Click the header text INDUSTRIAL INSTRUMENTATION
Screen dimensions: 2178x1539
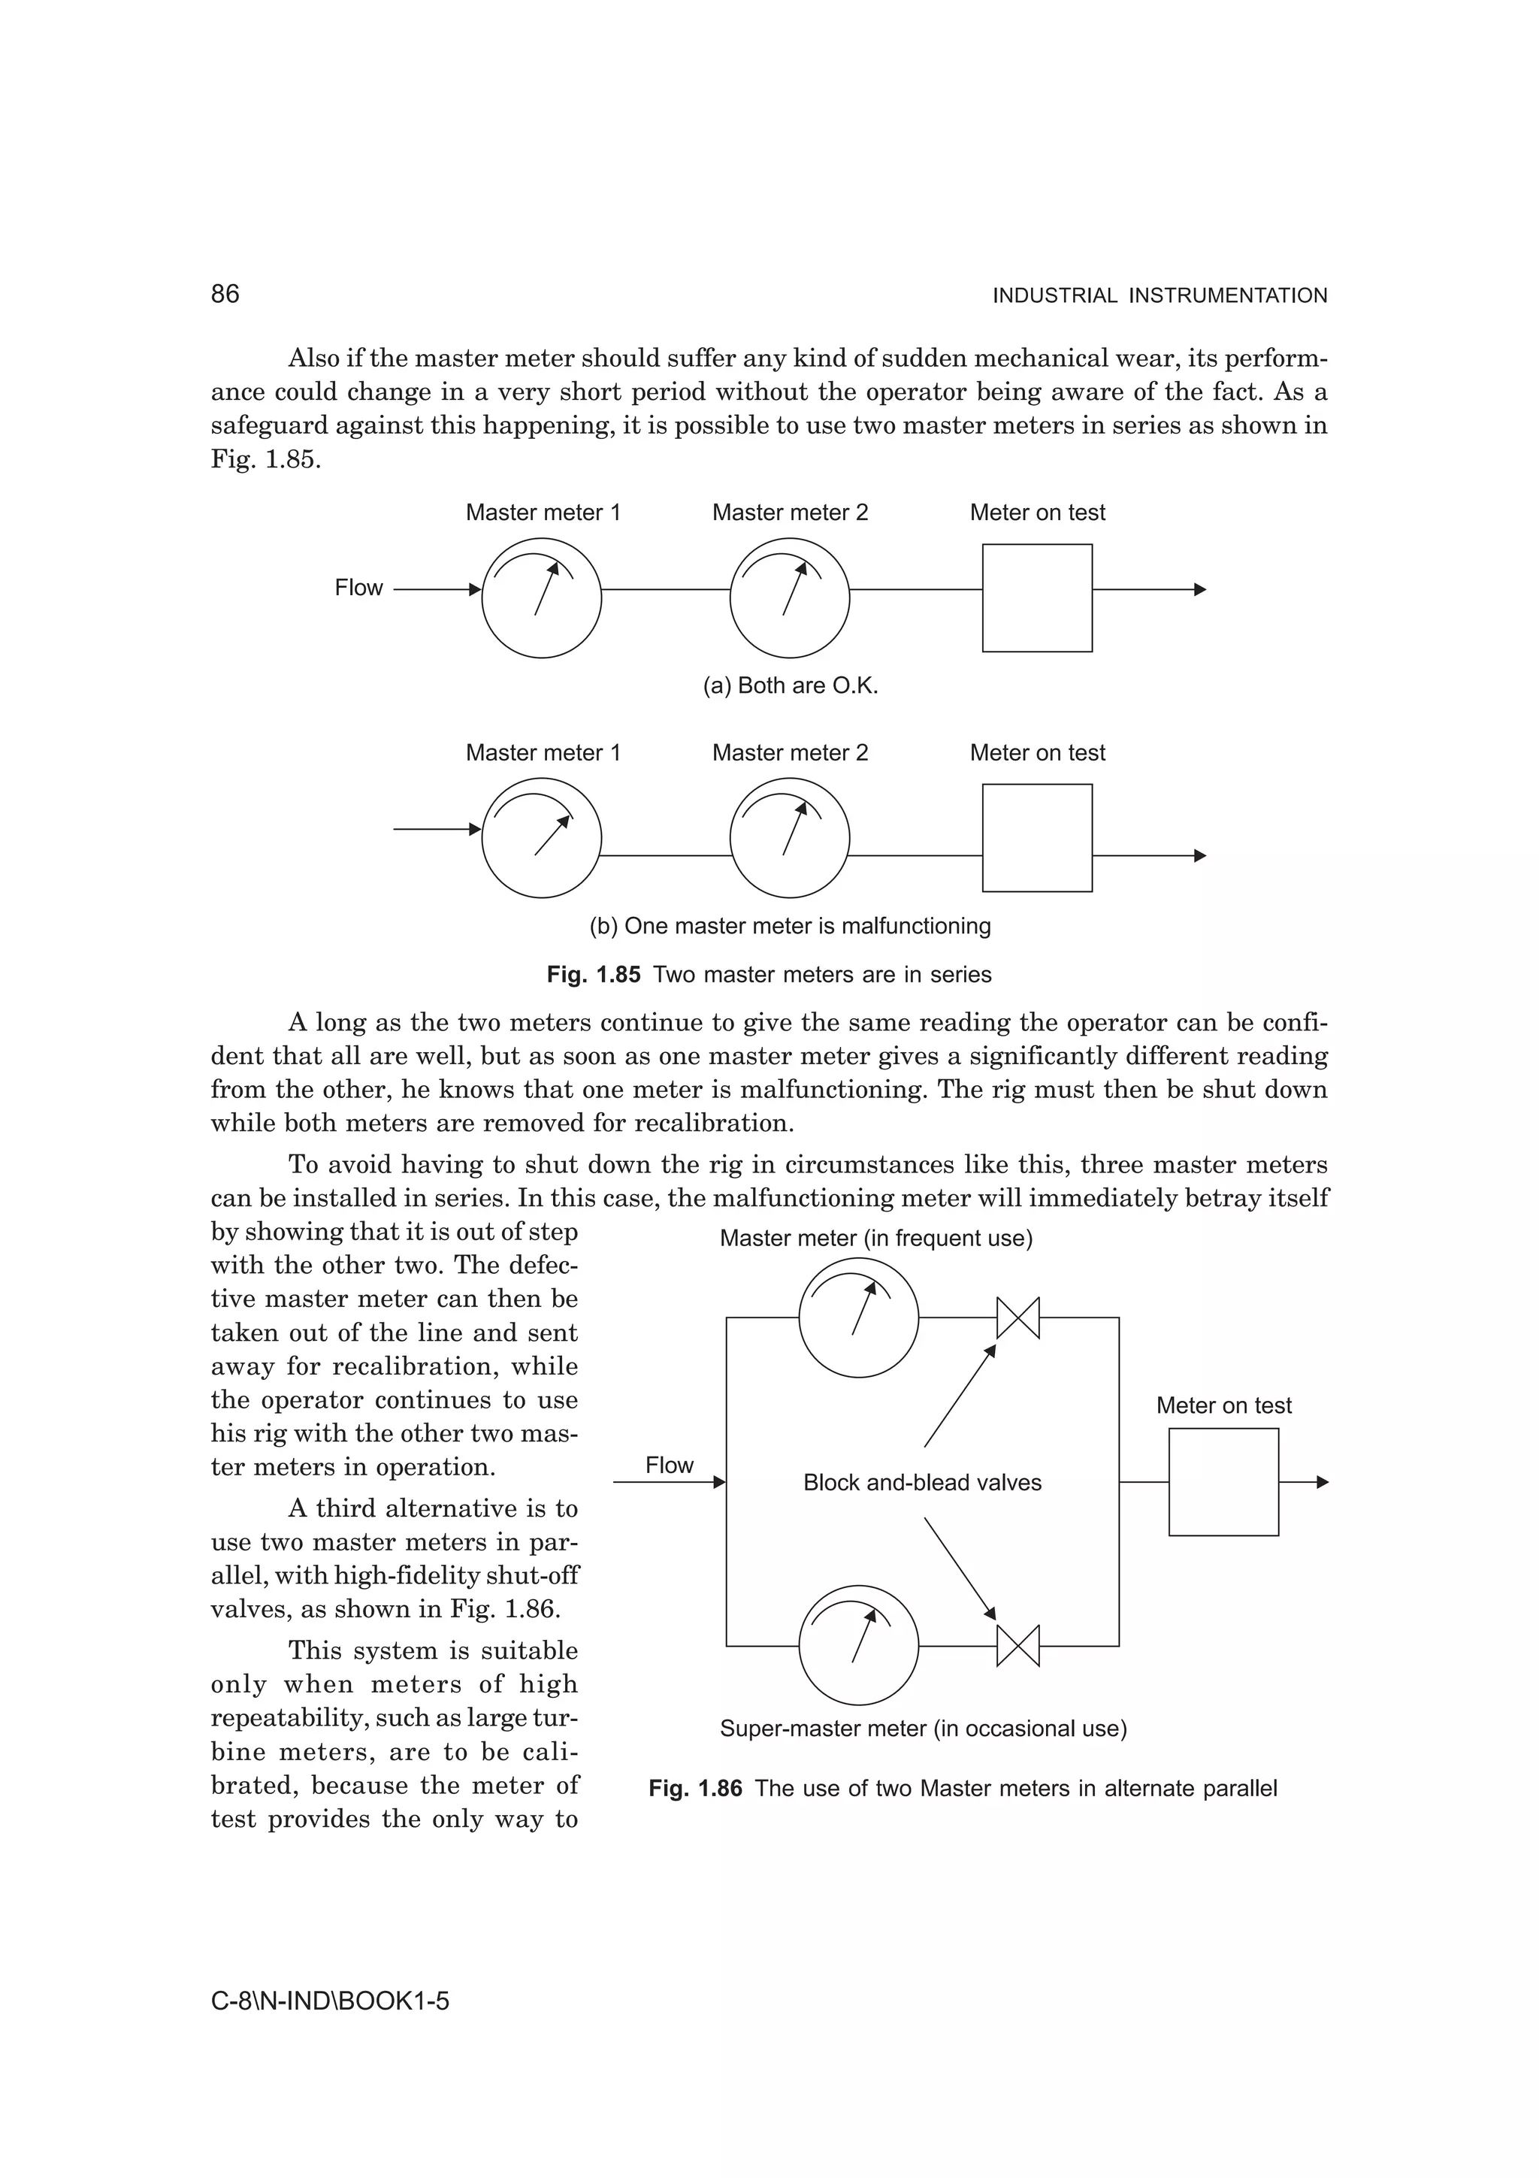point(1159,296)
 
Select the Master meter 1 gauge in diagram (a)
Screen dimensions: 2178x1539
point(542,597)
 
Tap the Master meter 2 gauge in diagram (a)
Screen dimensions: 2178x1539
point(789,597)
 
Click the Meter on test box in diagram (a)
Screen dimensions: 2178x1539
point(1036,597)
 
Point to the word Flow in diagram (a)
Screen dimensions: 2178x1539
point(358,588)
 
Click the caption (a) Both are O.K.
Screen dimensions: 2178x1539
point(790,686)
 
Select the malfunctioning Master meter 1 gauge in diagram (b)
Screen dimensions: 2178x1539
point(542,838)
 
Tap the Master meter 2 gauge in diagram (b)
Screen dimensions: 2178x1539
point(789,838)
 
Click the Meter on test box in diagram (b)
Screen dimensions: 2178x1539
point(1036,838)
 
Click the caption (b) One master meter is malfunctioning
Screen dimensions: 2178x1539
point(790,926)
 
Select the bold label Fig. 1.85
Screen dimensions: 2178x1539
point(594,976)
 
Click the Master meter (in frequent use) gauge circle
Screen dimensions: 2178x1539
point(858,1317)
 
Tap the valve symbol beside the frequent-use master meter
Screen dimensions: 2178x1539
point(1017,1317)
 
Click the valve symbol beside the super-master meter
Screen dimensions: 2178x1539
point(1017,1646)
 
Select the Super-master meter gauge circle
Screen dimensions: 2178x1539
point(858,1646)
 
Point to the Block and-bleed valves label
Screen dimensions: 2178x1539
point(922,1483)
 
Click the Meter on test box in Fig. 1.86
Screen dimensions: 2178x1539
point(1223,1482)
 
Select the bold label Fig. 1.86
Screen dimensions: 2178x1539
point(695,1789)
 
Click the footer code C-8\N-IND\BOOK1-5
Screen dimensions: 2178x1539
point(330,2001)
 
